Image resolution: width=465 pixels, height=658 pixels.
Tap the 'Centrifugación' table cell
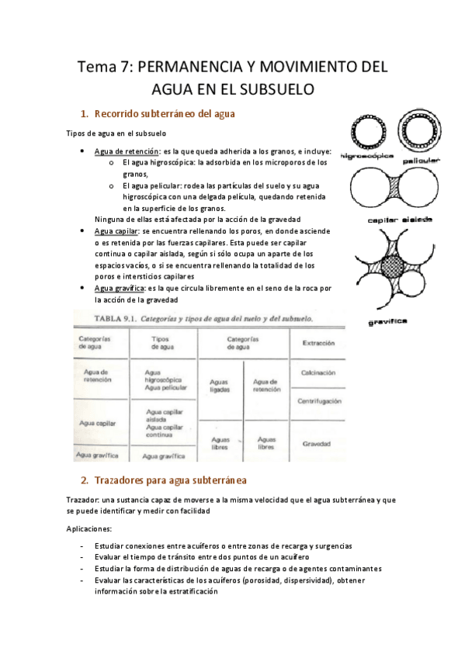[x=318, y=401]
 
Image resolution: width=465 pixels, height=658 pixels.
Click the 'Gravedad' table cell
[x=317, y=444]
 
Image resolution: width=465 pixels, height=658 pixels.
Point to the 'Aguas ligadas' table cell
[x=220, y=385]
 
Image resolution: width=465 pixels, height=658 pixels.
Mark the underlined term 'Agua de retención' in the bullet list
[x=126, y=151]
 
